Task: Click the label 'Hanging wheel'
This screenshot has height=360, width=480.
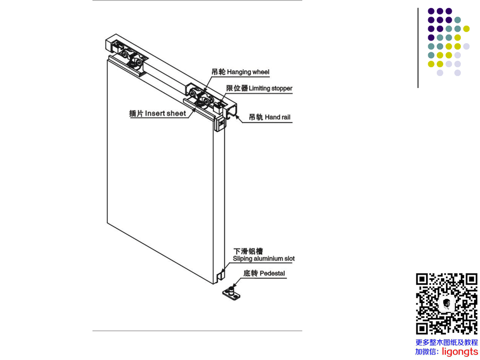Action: click(248, 72)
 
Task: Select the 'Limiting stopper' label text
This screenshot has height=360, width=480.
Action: click(270, 89)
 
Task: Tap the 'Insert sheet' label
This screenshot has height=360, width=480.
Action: click(165, 114)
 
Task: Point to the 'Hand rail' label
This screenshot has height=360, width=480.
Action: click(278, 117)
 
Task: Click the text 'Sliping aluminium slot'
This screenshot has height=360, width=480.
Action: click(263, 259)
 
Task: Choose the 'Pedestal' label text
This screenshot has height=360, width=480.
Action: click(272, 274)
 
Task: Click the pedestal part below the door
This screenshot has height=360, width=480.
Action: click(231, 293)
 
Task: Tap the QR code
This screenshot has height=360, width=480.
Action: click(446, 303)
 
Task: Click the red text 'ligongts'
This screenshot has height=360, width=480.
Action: click(460, 352)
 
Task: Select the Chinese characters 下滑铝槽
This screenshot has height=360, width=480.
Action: click(248, 251)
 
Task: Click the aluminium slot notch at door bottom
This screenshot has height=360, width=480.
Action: click(221, 276)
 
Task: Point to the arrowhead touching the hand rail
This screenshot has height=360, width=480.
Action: click(237, 117)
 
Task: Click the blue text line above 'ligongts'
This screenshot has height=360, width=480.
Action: click(446, 342)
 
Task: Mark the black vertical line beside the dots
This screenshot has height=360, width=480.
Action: click(418, 48)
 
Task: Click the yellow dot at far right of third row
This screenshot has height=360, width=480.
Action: click(466, 29)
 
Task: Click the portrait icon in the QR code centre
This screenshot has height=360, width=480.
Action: click(446, 304)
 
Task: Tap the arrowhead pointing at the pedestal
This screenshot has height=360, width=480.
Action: click(235, 284)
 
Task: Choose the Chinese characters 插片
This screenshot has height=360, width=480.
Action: click(136, 114)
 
